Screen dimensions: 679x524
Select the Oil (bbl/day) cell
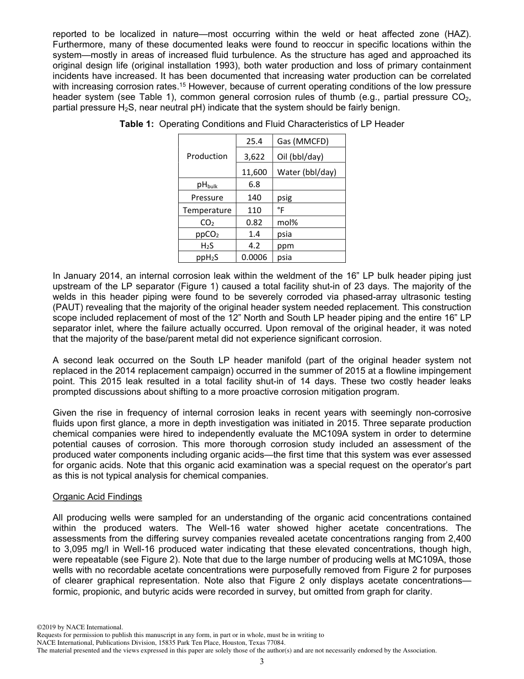[300, 156]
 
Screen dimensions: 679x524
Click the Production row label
[207, 156]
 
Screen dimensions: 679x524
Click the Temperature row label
[207, 210]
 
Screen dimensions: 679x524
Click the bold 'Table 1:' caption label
[137, 124]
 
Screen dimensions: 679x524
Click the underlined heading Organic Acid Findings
[97, 497]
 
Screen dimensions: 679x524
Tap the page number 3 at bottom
[262, 662]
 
